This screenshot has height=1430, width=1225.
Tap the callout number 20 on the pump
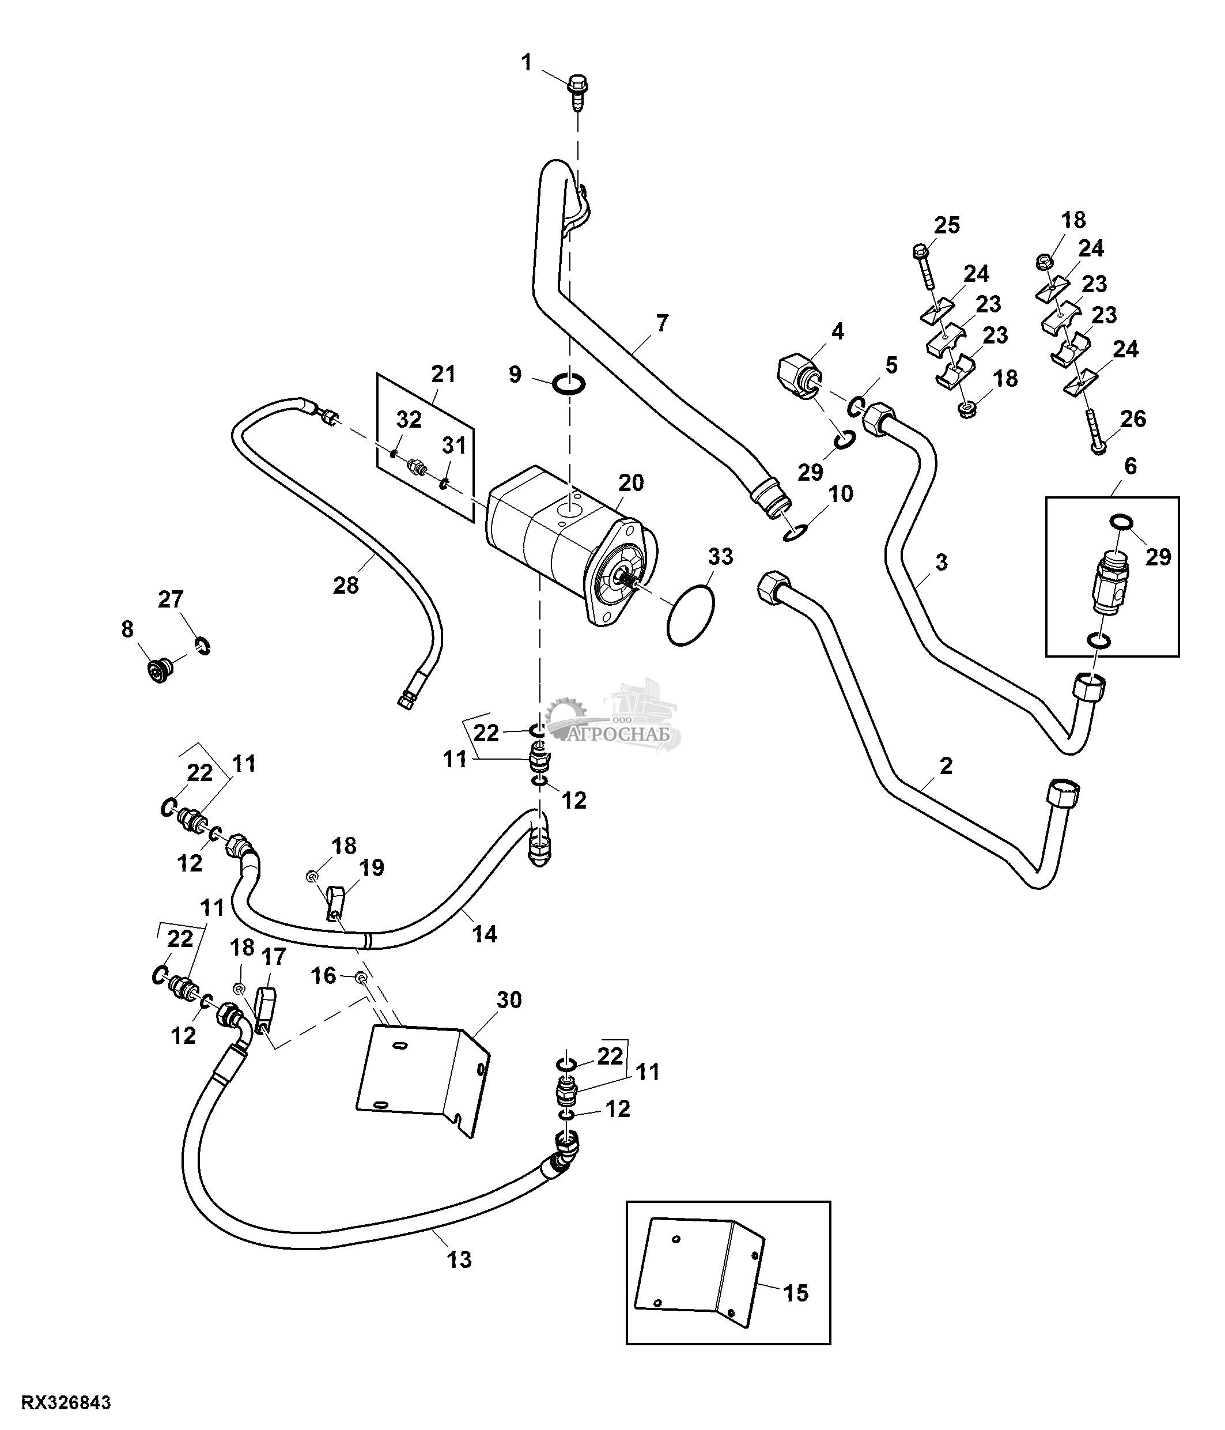(x=631, y=482)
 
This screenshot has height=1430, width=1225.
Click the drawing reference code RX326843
(x=66, y=1403)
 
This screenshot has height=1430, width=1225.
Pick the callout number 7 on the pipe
(x=662, y=323)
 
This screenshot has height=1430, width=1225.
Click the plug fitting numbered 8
(x=161, y=669)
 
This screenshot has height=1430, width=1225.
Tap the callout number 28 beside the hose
(x=346, y=585)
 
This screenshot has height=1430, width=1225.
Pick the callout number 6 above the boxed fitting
(x=1131, y=466)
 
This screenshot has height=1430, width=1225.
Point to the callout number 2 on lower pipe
(x=946, y=765)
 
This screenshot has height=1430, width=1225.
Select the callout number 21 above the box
(x=444, y=374)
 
